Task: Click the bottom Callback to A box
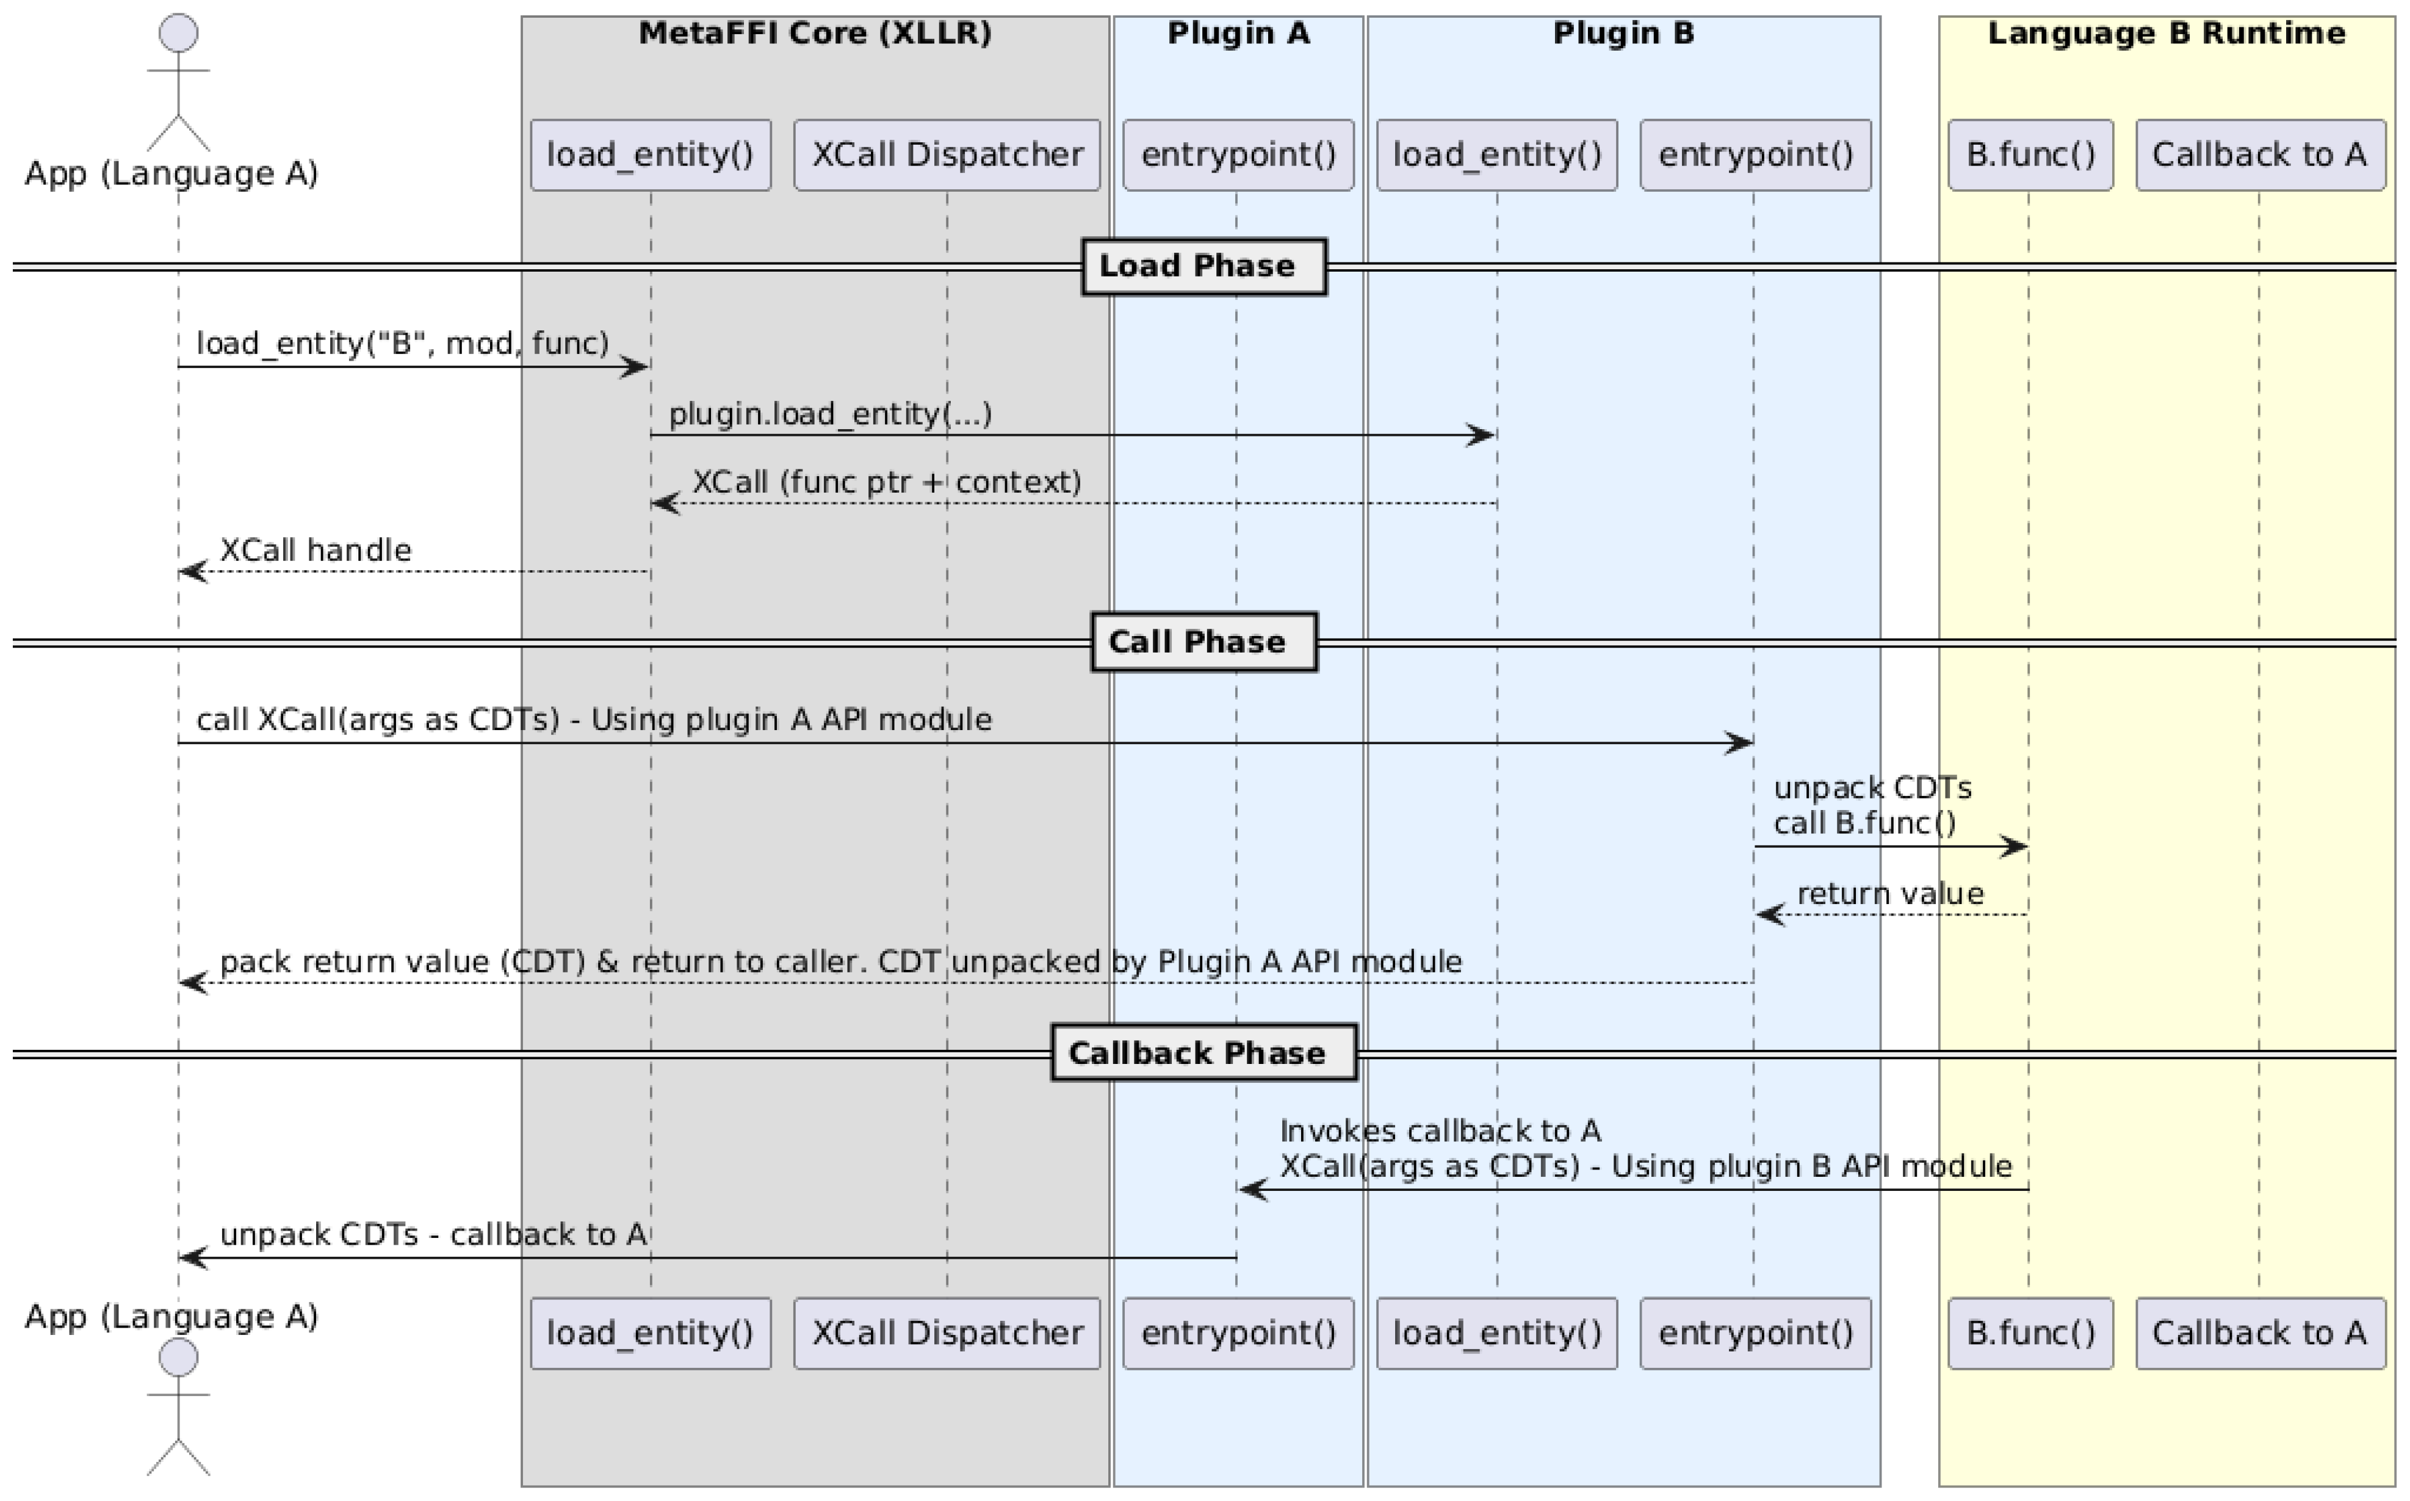coord(2259,1333)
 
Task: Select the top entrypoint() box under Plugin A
coord(1238,155)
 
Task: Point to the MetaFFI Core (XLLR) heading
coord(814,34)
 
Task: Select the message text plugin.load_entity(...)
coord(830,414)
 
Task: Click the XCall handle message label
coord(316,550)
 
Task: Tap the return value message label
coord(1890,894)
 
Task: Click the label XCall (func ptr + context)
coord(886,482)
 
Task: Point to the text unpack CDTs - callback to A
coord(433,1234)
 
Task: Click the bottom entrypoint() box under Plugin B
coord(1755,1333)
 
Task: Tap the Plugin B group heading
coord(1623,34)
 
